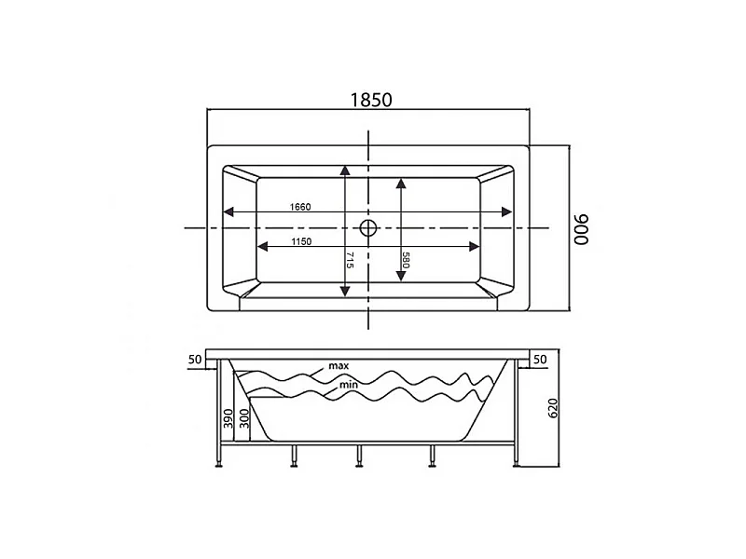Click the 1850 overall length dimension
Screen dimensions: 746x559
371,101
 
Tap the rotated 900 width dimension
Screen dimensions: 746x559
581,229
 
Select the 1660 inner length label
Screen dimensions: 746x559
300,207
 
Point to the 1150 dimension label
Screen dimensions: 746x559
301,241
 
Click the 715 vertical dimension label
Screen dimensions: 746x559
350,260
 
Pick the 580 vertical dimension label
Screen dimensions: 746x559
406,260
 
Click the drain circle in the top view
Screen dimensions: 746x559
368,227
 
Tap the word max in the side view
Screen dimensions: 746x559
338,366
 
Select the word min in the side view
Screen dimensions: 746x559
348,385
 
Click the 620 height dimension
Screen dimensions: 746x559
553,409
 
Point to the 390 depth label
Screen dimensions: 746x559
228,418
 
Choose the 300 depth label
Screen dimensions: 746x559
244,418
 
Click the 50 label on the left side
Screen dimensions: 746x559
195,360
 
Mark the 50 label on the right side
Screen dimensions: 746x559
540,360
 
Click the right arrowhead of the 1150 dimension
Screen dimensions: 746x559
474,246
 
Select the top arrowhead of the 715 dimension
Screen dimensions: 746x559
345,170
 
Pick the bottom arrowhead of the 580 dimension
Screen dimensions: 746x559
401,275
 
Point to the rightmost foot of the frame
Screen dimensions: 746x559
517,465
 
